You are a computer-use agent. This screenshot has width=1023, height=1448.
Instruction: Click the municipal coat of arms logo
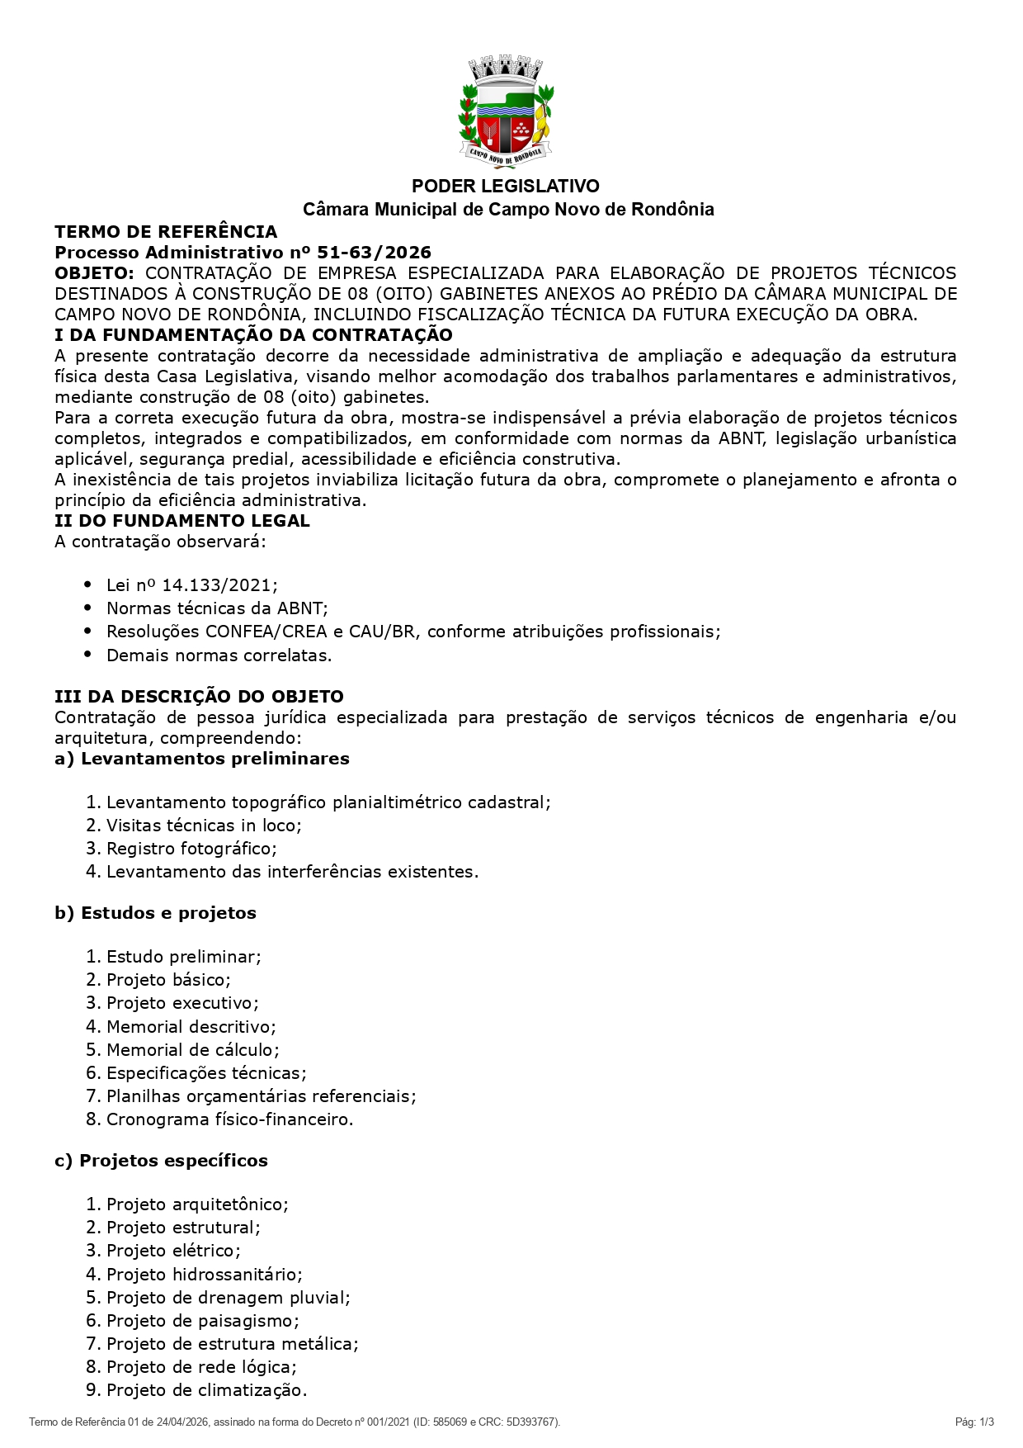(506, 111)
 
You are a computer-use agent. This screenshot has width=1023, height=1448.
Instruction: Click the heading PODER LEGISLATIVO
(506, 187)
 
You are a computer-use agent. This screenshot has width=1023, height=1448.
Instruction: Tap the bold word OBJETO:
(94, 273)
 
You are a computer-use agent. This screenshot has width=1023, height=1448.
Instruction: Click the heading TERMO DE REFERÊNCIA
(166, 232)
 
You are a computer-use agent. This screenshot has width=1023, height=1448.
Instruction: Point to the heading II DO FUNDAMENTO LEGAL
(182, 521)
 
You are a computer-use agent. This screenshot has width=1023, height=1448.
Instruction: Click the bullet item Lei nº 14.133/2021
(191, 585)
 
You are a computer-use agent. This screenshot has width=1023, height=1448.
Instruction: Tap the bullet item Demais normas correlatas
(219, 655)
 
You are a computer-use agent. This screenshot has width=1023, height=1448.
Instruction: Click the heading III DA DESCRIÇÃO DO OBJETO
(199, 697)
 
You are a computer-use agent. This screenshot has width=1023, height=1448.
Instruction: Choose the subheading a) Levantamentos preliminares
(202, 759)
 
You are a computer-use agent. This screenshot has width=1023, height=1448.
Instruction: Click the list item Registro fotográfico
(191, 849)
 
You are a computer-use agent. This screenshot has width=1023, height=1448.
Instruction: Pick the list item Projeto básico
(168, 980)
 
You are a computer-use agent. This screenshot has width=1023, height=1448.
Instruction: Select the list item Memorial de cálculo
(192, 1050)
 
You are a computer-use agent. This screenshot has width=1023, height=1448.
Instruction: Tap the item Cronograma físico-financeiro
(229, 1119)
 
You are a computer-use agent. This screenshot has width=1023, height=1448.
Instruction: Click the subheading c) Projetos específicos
(161, 1161)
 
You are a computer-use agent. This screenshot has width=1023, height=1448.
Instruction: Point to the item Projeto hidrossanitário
(204, 1275)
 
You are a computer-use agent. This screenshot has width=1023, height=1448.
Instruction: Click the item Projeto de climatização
(206, 1390)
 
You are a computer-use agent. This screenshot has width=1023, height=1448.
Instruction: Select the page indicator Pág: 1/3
(974, 1422)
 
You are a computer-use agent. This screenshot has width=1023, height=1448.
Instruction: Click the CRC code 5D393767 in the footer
(534, 1422)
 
